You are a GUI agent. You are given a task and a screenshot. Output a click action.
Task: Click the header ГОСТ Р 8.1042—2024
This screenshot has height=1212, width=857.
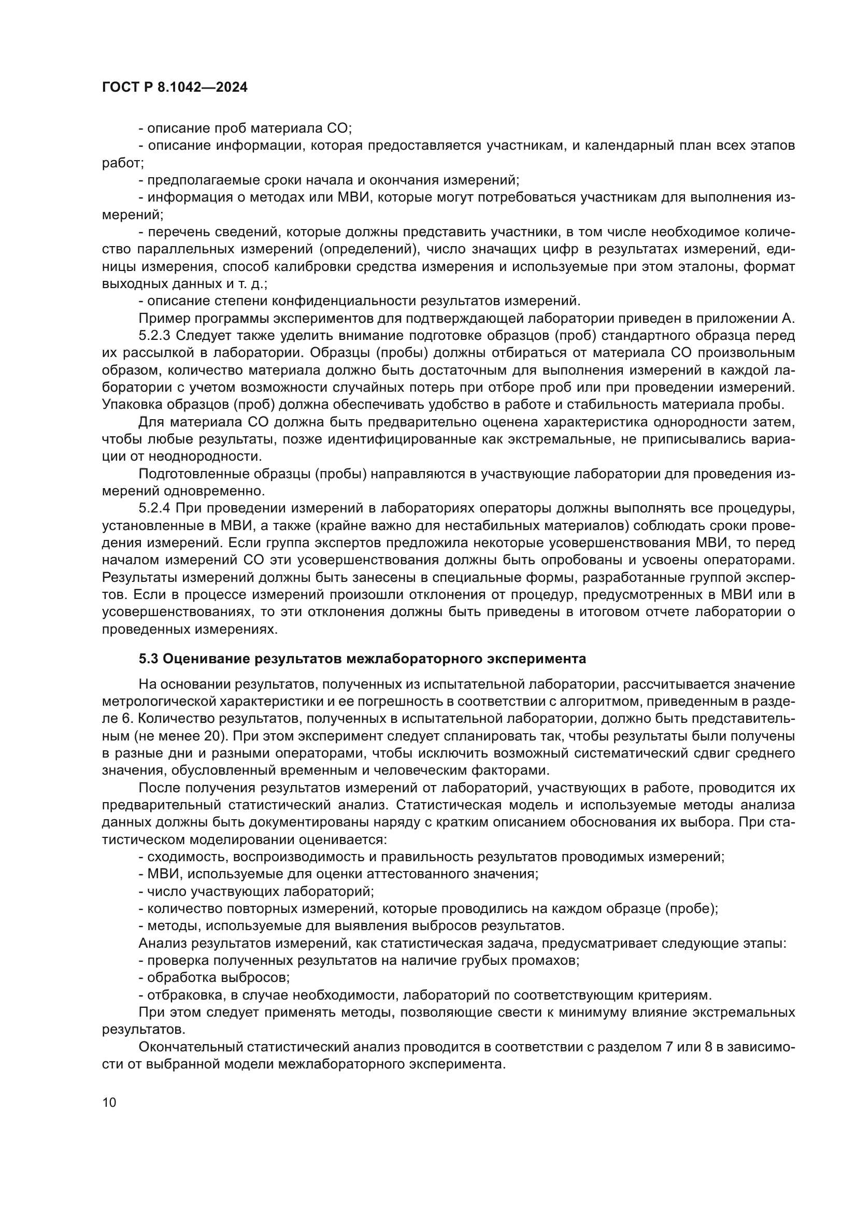[x=175, y=88]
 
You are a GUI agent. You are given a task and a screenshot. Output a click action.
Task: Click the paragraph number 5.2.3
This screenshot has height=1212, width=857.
[x=154, y=336]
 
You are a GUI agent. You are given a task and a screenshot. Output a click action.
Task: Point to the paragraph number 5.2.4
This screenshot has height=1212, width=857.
[x=154, y=508]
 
